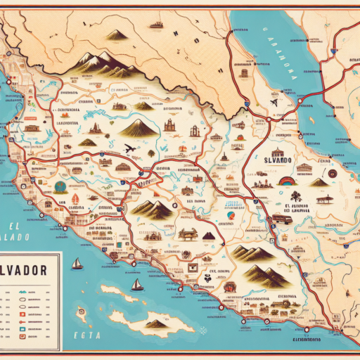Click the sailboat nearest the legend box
point(77,264)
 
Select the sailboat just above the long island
point(138,285)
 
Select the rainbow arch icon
point(288,180)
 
